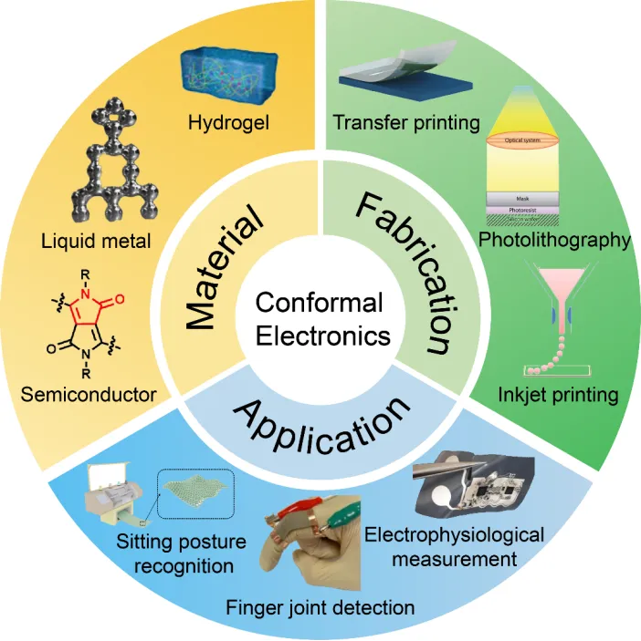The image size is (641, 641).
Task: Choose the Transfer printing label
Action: tap(406, 122)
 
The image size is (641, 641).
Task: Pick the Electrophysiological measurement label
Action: tap(454, 544)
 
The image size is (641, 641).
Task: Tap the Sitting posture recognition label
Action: tap(182, 553)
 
